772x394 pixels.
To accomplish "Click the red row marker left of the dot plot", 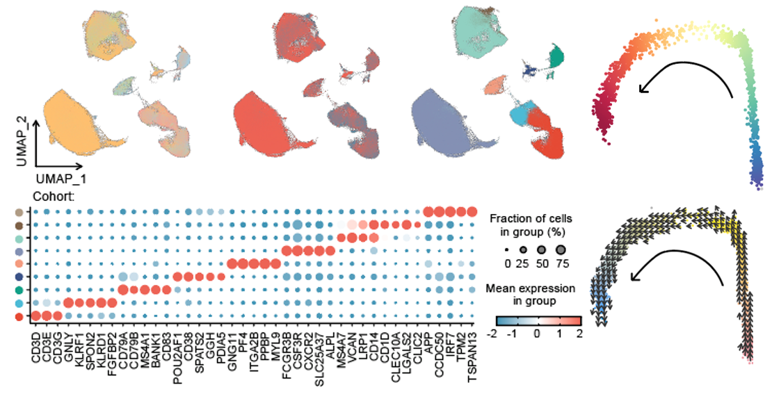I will pyautogui.click(x=17, y=317).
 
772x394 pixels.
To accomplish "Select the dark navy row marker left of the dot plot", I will pyautogui.click(x=17, y=277).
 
